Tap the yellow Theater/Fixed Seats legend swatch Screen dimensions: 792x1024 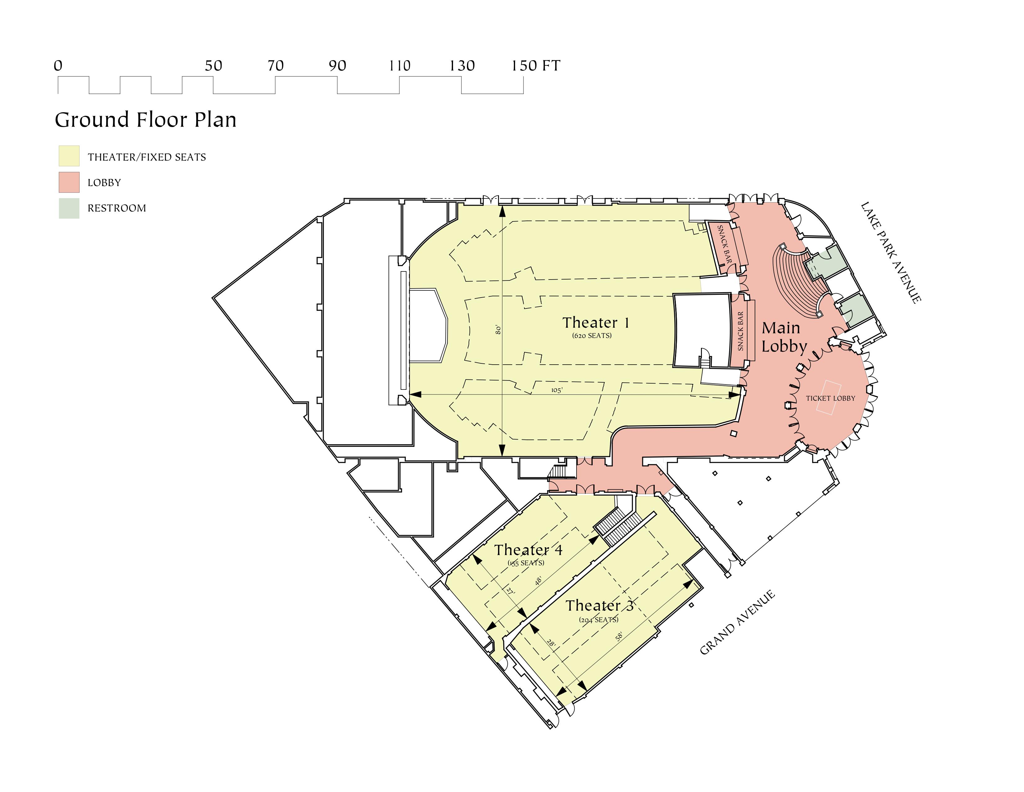click(x=69, y=156)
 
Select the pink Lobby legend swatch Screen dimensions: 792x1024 click(x=69, y=182)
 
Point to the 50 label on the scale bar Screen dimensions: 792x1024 click(x=213, y=66)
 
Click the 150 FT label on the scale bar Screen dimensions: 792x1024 click(x=536, y=66)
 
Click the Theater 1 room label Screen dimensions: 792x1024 click(x=595, y=323)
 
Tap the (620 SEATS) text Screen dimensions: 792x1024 click(x=592, y=335)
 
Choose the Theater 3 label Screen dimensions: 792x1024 click(x=599, y=606)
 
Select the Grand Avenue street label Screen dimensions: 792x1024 click(x=737, y=623)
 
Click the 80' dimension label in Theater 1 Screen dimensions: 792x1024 click(x=498, y=330)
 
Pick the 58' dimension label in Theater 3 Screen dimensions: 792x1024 click(x=619, y=637)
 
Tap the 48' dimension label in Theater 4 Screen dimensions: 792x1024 click(x=539, y=581)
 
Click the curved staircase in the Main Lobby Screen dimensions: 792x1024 click(x=797, y=281)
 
